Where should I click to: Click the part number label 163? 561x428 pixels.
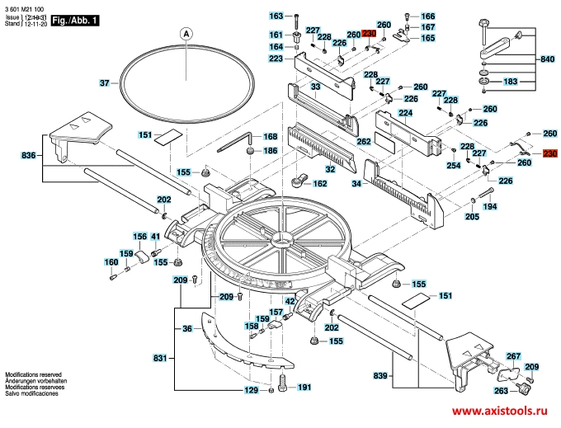click(x=276, y=16)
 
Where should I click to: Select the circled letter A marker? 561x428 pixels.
click(x=186, y=34)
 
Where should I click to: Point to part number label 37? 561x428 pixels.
click(x=105, y=83)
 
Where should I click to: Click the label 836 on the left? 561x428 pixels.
click(x=27, y=155)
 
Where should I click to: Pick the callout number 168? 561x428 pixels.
click(x=270, y=137)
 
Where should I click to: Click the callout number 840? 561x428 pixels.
click(x=548, y=60)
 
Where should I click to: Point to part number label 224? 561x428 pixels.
click(x=406, y=112)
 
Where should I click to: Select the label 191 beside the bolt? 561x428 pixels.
click(x=304, y=388)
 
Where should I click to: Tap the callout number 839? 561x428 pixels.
click(x=380, y=376)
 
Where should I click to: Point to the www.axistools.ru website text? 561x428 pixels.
click(x=499, y=411)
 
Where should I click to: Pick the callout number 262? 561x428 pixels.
click(x=364, y=141)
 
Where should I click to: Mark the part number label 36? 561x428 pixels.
click(x=187, y=329)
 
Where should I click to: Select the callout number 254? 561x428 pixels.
click(x=453, y=165)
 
